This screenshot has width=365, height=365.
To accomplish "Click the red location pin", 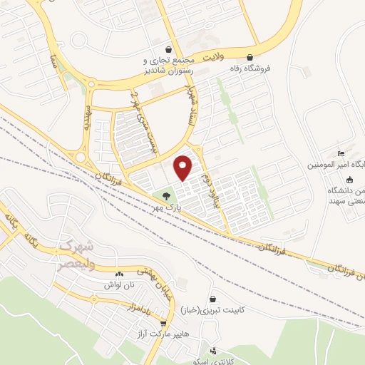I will click(183, 167).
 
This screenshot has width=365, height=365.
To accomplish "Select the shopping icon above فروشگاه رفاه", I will click(250, 57).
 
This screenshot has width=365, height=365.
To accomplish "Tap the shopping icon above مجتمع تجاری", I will click(167, 50).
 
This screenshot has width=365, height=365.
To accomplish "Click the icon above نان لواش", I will click(119, 273).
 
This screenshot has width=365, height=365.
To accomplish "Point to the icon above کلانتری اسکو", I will click(214, 351).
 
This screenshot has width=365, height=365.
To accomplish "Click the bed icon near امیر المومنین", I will click(341, 155).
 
